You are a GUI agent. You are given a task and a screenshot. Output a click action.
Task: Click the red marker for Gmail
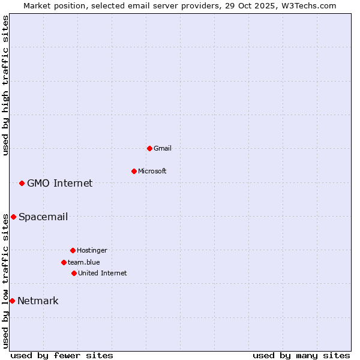click(x=149, y=148)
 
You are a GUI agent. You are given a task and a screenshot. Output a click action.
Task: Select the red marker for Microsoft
click(x=134, y=171)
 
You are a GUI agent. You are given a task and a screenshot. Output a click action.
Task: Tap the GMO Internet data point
click(x=22, y=183)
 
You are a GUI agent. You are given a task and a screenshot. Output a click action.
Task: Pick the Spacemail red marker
click(x=13, y=217)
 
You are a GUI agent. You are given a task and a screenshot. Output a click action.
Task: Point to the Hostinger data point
click(x=73, y=250)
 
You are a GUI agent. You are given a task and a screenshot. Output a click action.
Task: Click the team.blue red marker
click(x=64, y=262)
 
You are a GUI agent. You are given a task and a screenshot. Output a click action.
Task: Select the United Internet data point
click(x=74, y=273)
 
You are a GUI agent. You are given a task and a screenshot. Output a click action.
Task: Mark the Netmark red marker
click(x=12, y=301)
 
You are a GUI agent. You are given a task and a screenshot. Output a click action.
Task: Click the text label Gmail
click(x=163, y=148)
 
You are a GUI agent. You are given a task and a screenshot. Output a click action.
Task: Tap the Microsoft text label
click(x=152, y=171)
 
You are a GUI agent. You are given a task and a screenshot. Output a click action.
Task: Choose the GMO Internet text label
click(x=60, y=183)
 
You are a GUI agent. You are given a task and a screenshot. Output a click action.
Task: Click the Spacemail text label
click(x=43, y=217)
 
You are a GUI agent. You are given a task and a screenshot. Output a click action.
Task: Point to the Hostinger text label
click(x=92, y=250)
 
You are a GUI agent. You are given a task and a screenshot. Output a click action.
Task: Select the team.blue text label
click(x=84, y=262)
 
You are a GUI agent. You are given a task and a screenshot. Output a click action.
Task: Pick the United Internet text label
click(x=103, y=273)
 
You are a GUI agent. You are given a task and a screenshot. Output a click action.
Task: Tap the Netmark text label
click(x=38, y=301)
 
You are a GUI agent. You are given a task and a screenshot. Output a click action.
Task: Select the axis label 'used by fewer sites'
click(x=62, y=355)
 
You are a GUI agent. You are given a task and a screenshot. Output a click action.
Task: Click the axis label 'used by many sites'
click(x=301, y=355)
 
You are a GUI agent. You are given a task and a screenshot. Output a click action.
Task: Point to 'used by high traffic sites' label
click(x=5, y=85)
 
